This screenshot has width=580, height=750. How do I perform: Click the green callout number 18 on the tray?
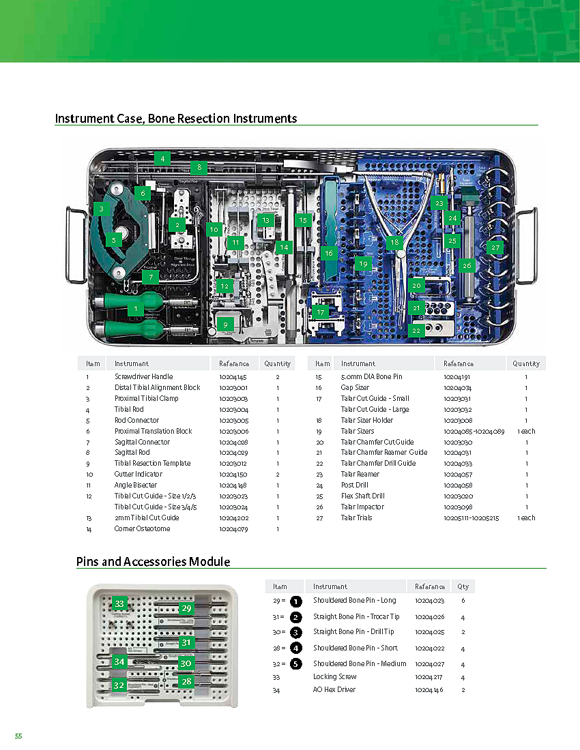point(394,242)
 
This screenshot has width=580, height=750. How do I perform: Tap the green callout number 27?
point(495,248)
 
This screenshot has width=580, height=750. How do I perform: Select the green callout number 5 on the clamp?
point(114,239)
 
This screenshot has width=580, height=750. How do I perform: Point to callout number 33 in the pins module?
point(119,603)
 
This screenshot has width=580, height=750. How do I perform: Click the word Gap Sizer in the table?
point(355,387)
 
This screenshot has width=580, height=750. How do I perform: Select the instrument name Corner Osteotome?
point(143,528)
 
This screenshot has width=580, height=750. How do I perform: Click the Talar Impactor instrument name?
point(362,507)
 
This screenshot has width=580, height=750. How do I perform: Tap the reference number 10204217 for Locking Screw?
point(429,676)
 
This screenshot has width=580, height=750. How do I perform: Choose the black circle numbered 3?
point(295,632)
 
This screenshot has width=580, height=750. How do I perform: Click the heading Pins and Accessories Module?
point(153,562)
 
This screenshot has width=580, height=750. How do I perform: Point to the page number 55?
point(18,736)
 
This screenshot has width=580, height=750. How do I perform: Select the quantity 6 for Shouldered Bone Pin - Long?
point(463,601)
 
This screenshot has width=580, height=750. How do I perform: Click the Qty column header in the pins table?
point(463,586)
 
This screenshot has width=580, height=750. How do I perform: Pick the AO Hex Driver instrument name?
point(334,689)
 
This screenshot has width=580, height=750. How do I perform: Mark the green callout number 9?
point(225,325)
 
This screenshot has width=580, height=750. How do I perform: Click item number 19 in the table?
point(318,431)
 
